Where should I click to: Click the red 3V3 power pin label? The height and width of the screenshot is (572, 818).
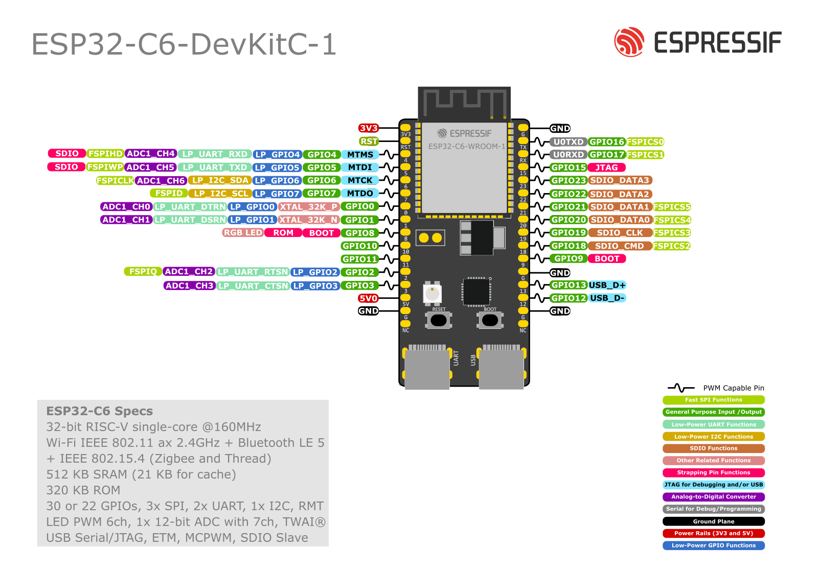(368, 128)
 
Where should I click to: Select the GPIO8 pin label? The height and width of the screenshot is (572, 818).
(359, 233)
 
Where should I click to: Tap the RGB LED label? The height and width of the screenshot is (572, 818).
(243, 233)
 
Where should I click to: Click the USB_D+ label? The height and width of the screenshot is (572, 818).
(607, 285)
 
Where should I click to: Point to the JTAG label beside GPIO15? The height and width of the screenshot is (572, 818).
(606, 168)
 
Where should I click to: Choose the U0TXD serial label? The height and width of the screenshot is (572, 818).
(568, 142)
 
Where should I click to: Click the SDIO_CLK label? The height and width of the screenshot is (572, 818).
(620, 233)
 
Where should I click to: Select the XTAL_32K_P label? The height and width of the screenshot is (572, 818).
(308, 207)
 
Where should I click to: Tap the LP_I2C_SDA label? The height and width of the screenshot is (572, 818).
(220, 180)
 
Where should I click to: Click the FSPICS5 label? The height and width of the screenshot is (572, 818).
(671, 207)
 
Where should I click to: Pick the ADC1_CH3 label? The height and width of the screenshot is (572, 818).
(189, 285)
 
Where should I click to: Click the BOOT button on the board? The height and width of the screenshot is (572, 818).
(490, 320)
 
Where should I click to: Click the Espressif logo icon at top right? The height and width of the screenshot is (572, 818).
(629, 42)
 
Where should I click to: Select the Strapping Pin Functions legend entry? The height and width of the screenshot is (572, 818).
(713, 473)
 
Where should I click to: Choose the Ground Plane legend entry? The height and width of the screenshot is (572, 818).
(713, 521)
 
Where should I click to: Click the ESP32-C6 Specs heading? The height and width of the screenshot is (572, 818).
(100, 411)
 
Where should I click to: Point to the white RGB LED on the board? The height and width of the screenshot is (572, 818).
(432, 294)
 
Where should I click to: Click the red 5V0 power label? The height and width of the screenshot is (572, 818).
(368, 298)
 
